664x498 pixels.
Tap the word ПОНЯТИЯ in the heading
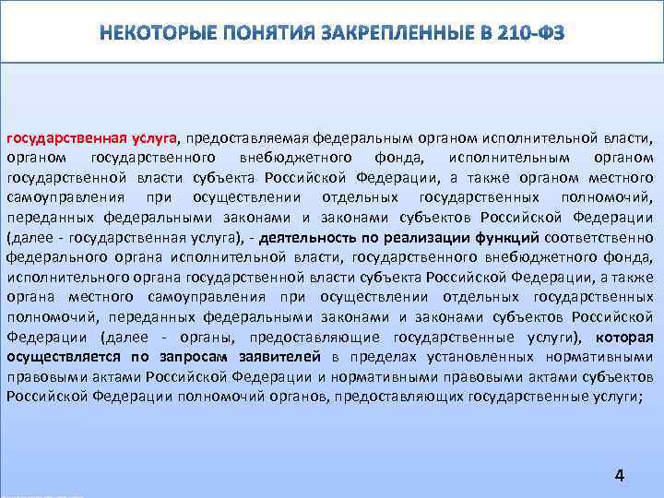[268, 34]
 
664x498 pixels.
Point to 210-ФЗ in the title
[527, 34]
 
